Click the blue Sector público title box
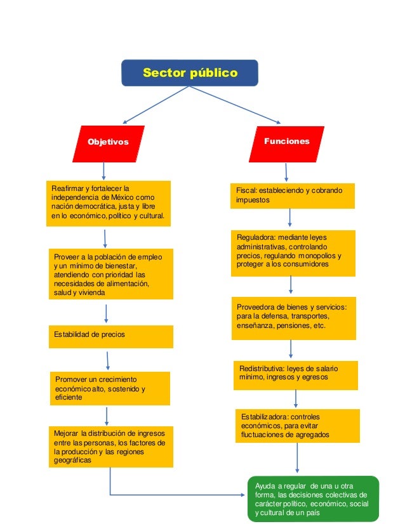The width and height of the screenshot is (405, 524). click(x=190, y=73)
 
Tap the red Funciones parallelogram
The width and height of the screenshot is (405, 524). click(x=287, y=141)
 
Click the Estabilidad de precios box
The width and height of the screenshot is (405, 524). click(x=110, y=336)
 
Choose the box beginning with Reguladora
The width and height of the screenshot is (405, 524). click(x=292, y=252)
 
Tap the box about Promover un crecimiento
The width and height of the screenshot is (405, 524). click(x=111, y=388)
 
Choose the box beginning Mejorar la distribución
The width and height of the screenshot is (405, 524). click(x=110, y=447)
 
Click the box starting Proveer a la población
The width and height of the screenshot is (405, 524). click(x=110, y=274)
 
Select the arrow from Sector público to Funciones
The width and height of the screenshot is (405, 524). click(x=235, y=104)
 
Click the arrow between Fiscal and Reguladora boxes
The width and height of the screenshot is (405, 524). click(x=289, y=218)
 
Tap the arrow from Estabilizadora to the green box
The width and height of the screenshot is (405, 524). click(x=296, y=458)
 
